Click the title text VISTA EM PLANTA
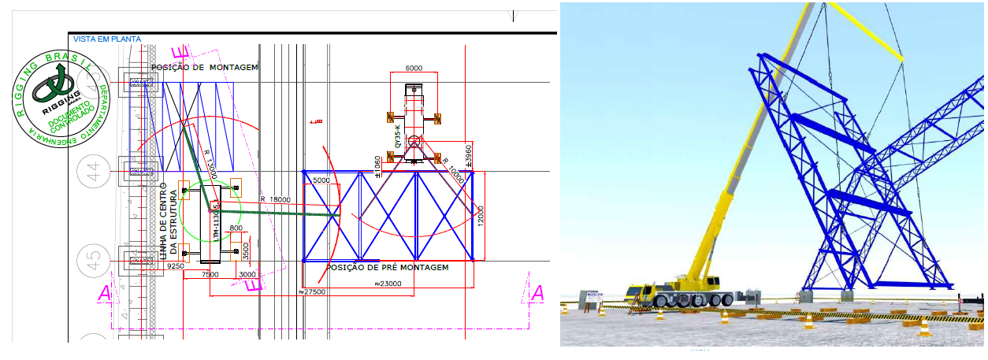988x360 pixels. (x=106, y=39)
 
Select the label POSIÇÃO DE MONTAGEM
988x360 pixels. (x=205, y=68)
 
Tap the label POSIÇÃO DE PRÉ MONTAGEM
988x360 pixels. (x=388, y=268)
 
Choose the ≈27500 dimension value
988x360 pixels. (x=313, y=291)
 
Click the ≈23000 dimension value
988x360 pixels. (x=395, y=284)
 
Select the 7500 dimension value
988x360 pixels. (x=210, y=275)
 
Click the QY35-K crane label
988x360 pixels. (x=399, y=138)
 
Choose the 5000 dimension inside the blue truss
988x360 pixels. (x=322, y=180)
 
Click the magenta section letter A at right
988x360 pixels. (x=537, y=293)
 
